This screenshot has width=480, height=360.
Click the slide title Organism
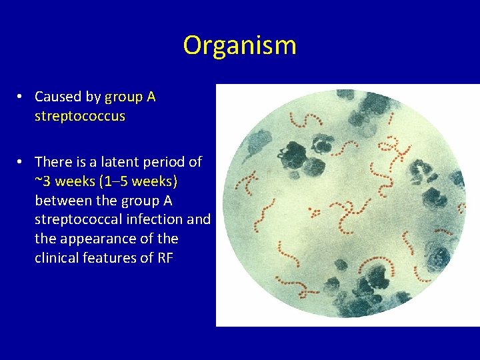click(x=239, y=45)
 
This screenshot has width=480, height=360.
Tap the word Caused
click(x=59, y=97)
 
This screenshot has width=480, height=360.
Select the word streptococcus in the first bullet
click(x=80, y=116)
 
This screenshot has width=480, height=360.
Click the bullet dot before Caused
click(x=21, y=97)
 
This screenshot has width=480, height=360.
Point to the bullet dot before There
click(x=21, y=162)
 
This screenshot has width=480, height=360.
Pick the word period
click(x=163, y=162)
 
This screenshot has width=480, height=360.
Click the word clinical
click(x=57, y=258)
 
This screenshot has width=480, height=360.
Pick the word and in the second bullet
click(x=199, y=219)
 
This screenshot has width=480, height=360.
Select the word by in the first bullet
click(x=93, y=97)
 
